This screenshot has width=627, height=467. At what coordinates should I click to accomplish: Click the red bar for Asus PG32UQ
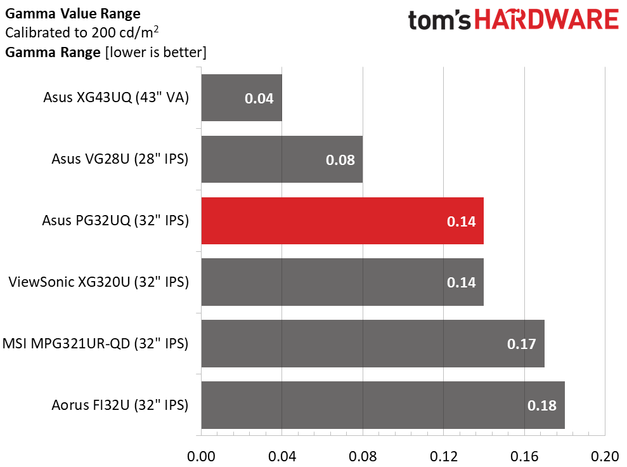342,221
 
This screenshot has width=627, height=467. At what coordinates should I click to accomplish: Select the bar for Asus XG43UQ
242,98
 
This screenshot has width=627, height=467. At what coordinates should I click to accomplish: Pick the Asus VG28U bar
282,159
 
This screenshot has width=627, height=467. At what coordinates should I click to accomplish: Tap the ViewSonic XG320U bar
342,282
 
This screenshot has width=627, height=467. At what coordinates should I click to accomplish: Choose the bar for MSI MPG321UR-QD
373,343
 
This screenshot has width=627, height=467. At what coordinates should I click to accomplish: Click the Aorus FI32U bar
383,405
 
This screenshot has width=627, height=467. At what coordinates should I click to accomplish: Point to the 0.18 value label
542,405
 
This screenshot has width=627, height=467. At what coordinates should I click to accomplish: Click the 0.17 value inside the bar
521,344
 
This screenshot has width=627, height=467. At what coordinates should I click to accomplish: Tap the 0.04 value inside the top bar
259,98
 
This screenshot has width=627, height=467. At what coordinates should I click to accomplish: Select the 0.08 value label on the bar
340,160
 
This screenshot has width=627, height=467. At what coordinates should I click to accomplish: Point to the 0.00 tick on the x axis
201,456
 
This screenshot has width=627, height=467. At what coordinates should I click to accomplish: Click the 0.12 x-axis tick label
443,456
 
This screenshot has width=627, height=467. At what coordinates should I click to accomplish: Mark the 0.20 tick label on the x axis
605,456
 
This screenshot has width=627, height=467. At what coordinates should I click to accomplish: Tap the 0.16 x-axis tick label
524,456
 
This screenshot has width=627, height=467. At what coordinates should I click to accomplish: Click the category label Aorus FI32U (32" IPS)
120,405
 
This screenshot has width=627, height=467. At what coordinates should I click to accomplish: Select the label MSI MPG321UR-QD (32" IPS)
96,343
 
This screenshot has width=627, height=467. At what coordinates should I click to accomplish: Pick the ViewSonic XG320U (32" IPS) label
99,282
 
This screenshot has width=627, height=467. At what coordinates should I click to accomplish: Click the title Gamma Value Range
73,13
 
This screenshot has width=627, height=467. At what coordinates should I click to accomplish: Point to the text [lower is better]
156,53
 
